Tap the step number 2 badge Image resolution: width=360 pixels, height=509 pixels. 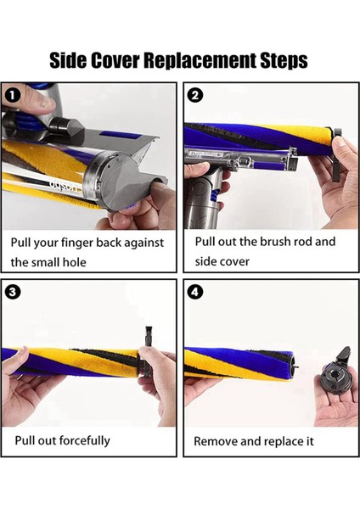(x=195, y=94)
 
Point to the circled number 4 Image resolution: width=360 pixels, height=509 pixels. (x=195, y=292)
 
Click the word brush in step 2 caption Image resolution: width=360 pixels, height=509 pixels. (x=278, y=242)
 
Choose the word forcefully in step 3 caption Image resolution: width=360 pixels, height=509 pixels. (x=78, y=440)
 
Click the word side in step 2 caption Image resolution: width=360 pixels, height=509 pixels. (x=210, y=261)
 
